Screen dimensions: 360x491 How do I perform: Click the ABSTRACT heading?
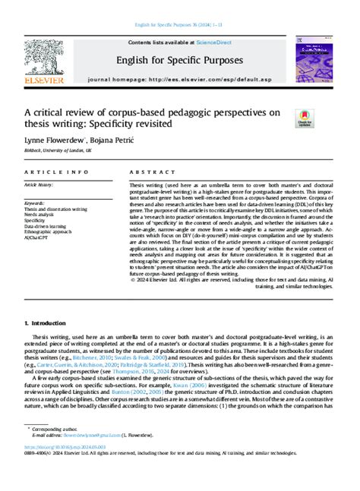(x=147, y=172)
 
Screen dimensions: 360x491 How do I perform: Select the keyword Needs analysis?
(x=43, y=215)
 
